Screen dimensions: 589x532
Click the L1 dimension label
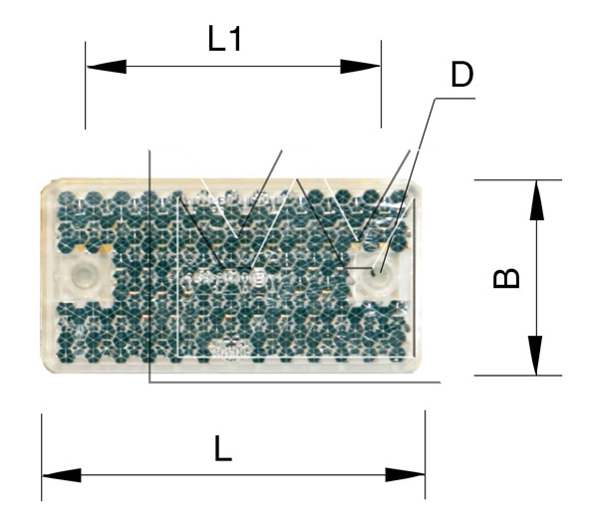point(224,39)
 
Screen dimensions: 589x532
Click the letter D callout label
point(462,75)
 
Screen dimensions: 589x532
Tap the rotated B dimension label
point(506,278)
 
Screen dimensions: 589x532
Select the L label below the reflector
point(223,448)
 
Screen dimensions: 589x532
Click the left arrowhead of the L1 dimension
point(107,67)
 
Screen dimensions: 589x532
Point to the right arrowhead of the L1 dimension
point(360,67)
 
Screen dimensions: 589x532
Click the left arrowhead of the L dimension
point(62,475)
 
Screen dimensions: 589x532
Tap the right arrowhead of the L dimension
point(405,475)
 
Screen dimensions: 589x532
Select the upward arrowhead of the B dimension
point(537,199)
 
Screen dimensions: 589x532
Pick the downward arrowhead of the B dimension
point(535,356)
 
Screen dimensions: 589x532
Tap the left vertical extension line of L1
point(86,86)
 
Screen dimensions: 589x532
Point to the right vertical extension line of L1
point(382,84)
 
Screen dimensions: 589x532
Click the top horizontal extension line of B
point(518,180)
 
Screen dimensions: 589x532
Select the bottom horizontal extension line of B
point(518,375)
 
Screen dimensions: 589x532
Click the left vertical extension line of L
point(42,457)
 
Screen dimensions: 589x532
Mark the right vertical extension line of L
point(426,454)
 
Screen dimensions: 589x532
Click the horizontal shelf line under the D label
point(454,99)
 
